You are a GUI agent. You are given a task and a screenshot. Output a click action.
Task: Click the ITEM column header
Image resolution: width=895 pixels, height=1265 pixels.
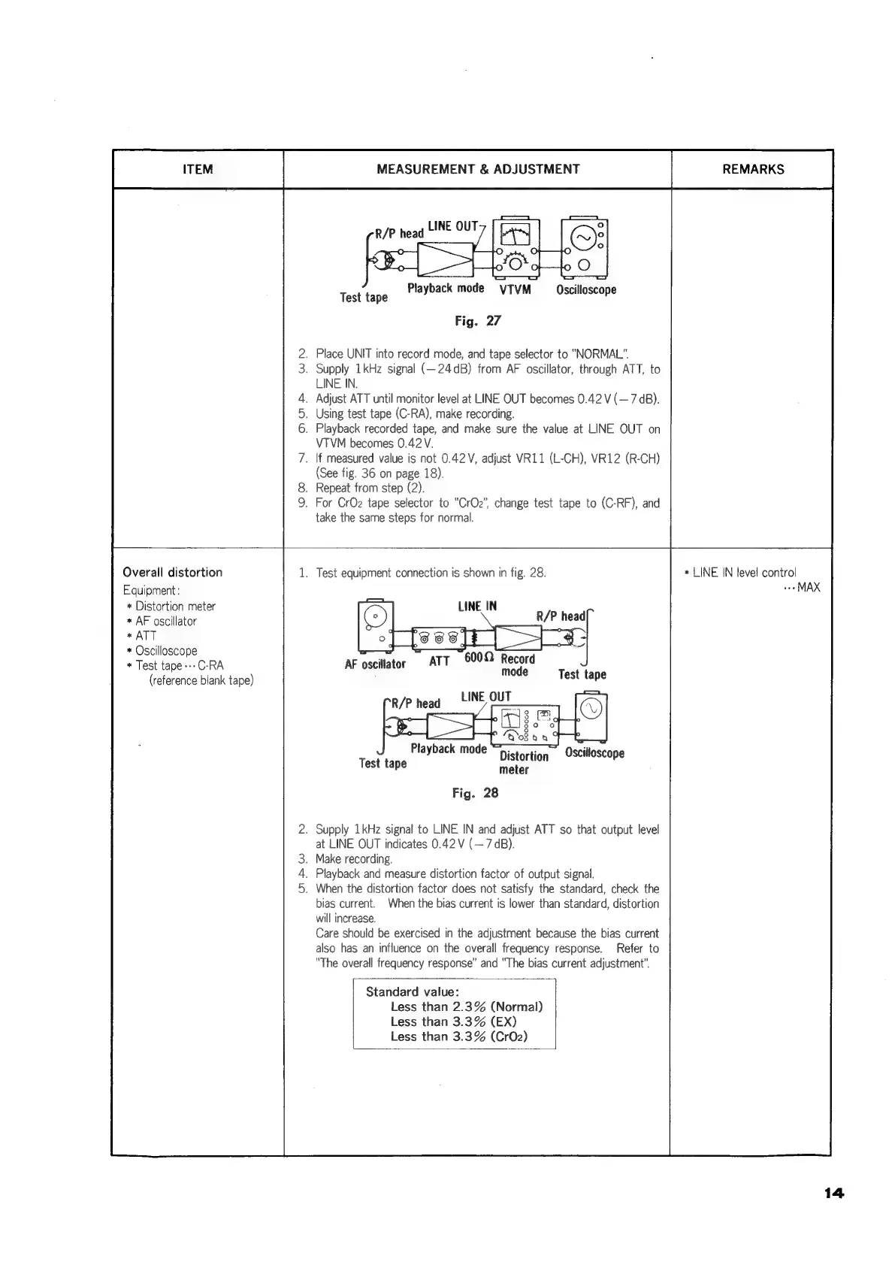pyautogui.click(x=198, y=169)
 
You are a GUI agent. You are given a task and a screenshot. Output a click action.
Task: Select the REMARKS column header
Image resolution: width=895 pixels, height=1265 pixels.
pyautogui.click(x=752, y=169)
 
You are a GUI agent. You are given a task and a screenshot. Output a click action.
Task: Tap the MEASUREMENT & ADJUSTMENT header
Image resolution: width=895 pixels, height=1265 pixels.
pyautogui.click(x=477, y=169)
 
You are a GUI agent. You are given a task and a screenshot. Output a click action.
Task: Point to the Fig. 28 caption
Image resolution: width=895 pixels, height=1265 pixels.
pyautogui.click(x=475, y=792)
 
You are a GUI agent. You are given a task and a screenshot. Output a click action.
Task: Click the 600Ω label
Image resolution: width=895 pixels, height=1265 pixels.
pyautogui.click(x=479, y=657)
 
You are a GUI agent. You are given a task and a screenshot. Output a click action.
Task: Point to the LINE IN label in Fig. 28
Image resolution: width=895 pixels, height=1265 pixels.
pyautogui.click(x=477, y=607)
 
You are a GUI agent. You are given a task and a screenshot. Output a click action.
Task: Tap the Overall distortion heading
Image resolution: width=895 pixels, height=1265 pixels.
pyautogui.click(x=172, y=572)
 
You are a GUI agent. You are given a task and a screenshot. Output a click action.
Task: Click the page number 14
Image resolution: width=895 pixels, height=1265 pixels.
pyautogui.click(x=833, y=1192)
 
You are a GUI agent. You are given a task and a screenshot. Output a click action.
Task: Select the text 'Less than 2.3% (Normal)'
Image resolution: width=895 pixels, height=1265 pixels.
pyautogui.click(x=466, y=1006)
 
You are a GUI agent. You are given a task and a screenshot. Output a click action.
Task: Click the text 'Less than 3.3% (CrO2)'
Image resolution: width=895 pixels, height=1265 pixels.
pyautogui.click(x=458, y=1036)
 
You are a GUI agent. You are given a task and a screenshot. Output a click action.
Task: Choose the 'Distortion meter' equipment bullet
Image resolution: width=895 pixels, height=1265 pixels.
pyautogui.click(x=175, y=606)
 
